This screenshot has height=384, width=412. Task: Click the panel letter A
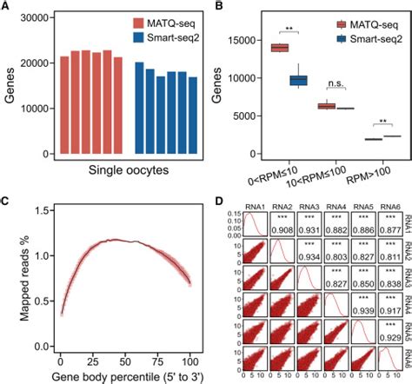tap(6, 8)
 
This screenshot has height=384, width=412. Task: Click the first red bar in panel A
tap(64, 105)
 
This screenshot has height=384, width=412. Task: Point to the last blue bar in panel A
tap(193, 116)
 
